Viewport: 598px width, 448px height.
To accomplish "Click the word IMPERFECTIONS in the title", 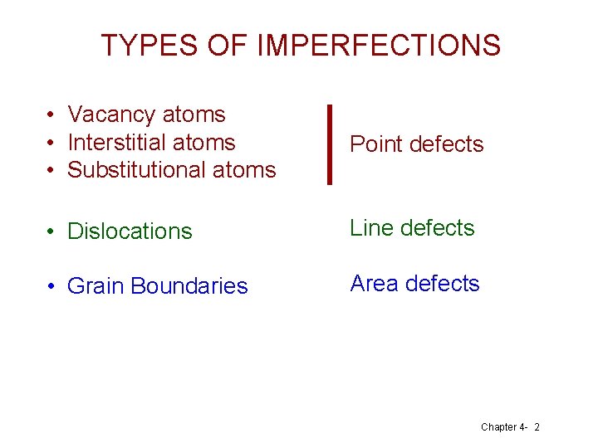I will pos(379,45).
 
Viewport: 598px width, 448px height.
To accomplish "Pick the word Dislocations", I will pos(130,231).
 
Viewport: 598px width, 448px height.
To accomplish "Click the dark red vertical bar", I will pos(330,144).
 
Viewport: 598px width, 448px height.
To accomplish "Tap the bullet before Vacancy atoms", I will pos(51,115).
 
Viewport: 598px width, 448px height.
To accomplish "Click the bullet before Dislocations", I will pos(51,231).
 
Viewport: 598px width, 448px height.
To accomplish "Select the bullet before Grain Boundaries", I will pos(51,286).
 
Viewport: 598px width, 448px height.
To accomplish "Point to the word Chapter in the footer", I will pos(498,426).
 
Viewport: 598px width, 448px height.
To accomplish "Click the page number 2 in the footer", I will pos(537,426).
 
